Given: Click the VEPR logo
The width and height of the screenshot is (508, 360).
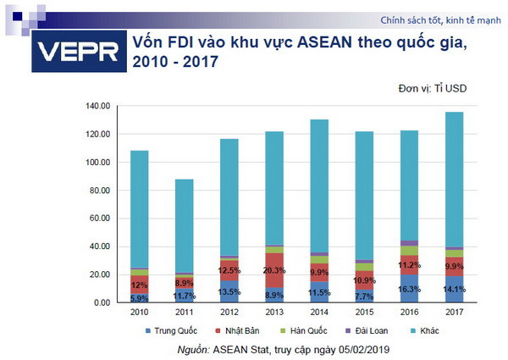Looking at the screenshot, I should tap(75, 53).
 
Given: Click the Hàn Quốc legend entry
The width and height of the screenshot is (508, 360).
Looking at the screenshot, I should tap(304, 330).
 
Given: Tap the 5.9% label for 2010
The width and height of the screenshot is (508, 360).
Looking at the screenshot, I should tap(139, 298).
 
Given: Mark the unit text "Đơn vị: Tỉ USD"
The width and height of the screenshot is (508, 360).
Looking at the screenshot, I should tap(433, 88).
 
